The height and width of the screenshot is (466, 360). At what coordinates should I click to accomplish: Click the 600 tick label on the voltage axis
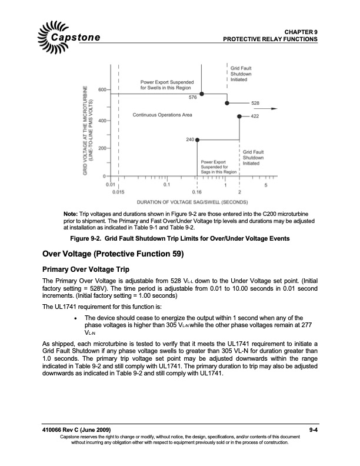pyautogui.click(x=102, y=89)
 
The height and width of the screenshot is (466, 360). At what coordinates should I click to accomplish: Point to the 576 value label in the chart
pyautogui.click(x=193, y=96)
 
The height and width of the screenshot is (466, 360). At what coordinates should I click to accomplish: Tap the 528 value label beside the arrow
pyautogui.click(x=255, y=103)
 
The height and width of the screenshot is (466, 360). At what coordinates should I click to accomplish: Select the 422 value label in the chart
pyautogui.click(x=255, y=116)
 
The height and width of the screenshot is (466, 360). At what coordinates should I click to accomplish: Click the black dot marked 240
pyautogui.click(x=197, y=139)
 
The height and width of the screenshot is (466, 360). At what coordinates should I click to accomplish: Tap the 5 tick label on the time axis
pyautogui.click(x=266, y=185)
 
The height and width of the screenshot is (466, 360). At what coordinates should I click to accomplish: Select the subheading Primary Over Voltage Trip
pyautogui.click(x=86, y=269)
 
